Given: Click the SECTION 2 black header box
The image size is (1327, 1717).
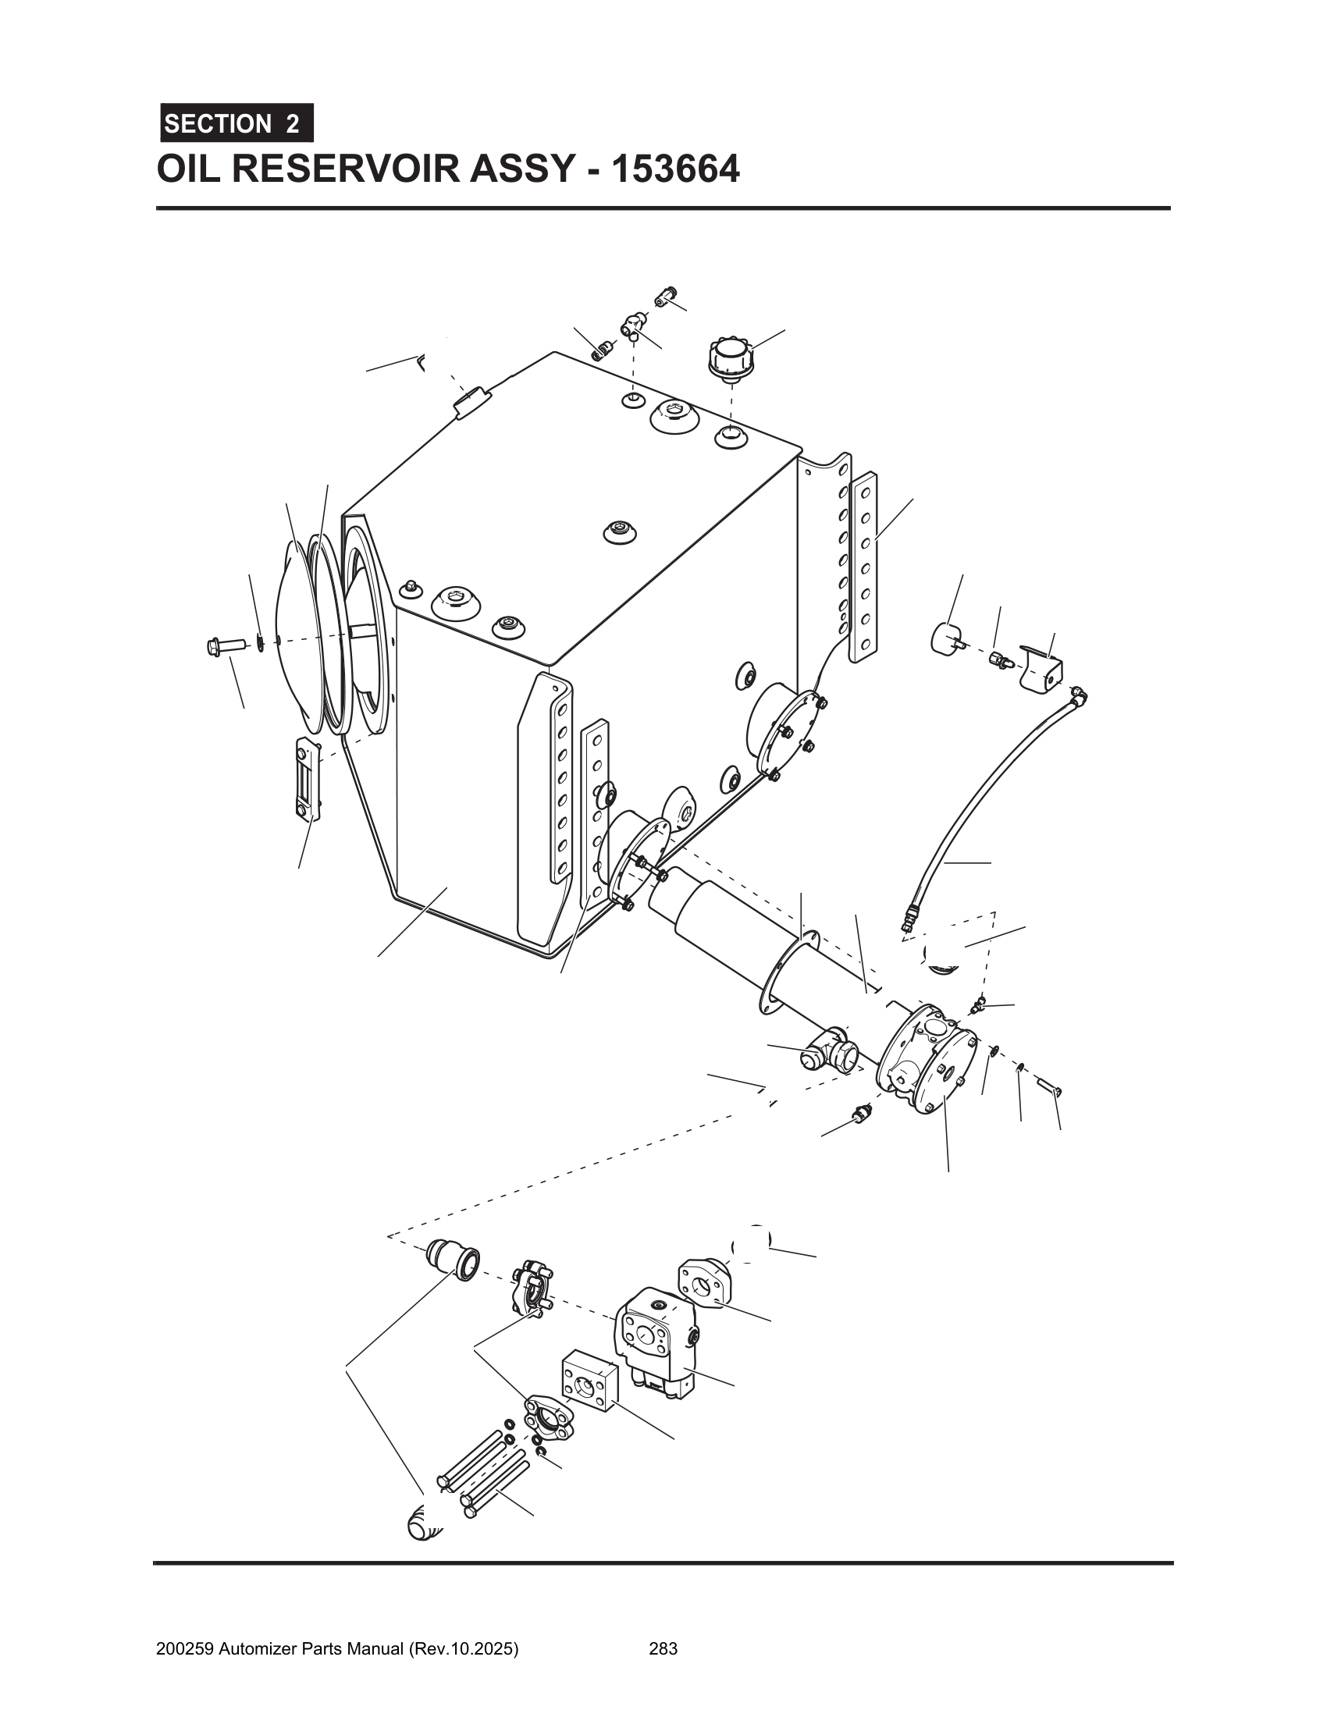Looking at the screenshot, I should tap(237, 123).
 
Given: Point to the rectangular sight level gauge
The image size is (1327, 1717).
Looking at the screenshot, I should tap(308, 778).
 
